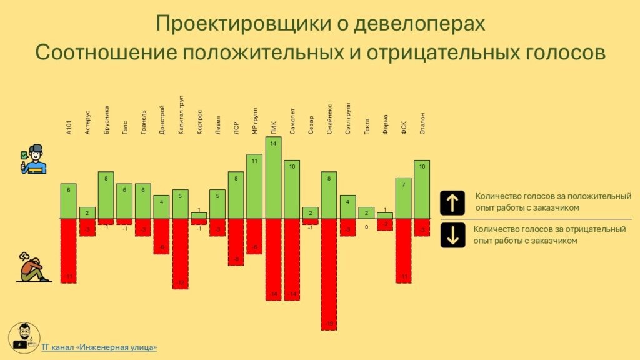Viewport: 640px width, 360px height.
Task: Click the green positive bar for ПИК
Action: (273, 177)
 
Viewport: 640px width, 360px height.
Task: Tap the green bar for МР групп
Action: (254, 186)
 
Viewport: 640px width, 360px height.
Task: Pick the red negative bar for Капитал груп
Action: (181, 253)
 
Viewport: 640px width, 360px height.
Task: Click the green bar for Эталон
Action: (422, 189)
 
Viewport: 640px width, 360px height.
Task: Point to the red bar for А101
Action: (69, 251)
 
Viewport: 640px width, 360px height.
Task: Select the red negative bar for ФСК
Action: (403, 251)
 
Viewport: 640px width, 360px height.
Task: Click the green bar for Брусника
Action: (106, 195)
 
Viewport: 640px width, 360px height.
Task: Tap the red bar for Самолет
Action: (292, 259)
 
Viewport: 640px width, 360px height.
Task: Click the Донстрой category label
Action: (162, 119)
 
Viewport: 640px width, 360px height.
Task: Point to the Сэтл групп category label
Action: (347, 118)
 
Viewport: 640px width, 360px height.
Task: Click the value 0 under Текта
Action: (367, 227)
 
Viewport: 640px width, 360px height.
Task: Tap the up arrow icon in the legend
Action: (452, 203)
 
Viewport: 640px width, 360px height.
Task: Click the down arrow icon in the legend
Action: (452, 235)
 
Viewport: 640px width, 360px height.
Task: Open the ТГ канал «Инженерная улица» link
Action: (99, 347)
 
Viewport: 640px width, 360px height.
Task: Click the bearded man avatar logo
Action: (24, 338)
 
